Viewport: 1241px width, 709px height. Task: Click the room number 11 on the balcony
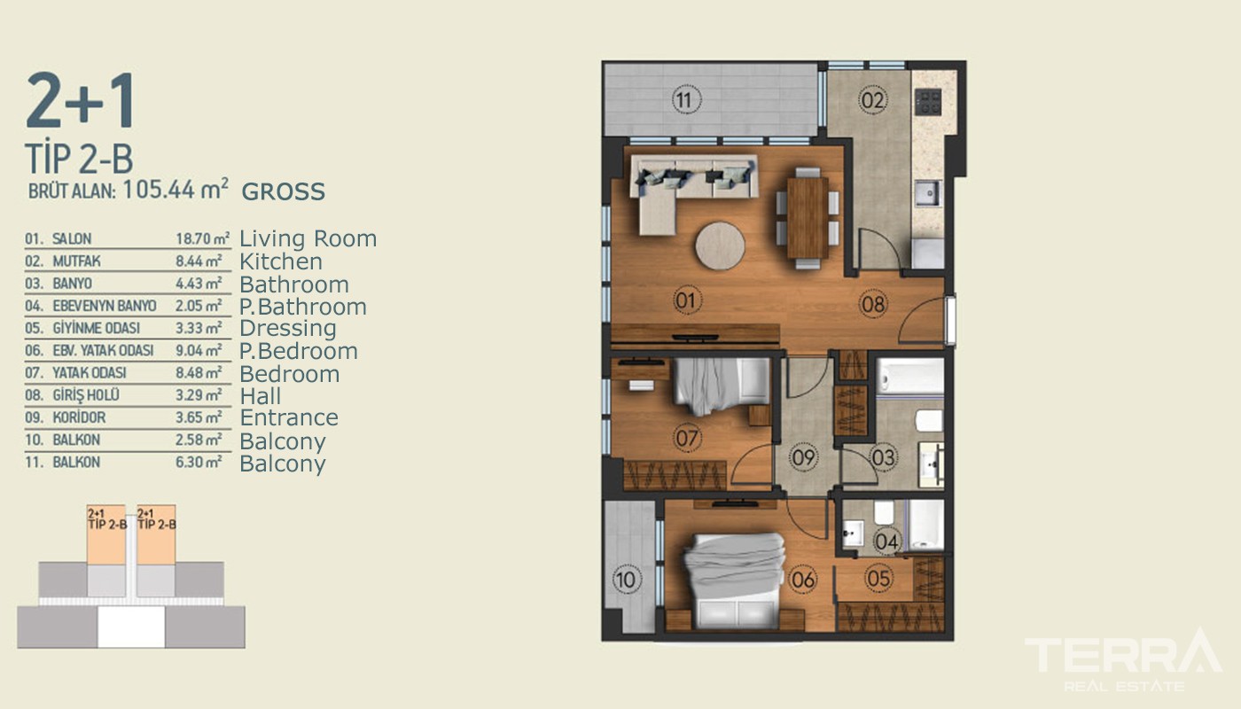pyautogui.click(x=686, y=101)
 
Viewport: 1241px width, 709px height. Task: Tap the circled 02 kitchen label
pyautogui.click(x=872, y=101)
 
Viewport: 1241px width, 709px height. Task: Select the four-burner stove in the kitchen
pyautogui.click(x=928, y=102)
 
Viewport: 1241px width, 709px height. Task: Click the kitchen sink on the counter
pyautogui.click(x=927, y=194)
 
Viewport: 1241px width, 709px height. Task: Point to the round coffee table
pyautogui.click(x=720, y=246)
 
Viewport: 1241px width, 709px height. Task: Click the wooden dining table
pyautogui.click(x=808, y=217)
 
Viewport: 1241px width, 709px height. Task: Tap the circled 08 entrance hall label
pyautogui.click(x=873, y=304)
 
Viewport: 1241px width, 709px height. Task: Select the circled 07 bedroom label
pyautogui.click(x=687, y=438)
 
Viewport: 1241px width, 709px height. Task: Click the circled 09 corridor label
pyautogui.click(x=803, y=457)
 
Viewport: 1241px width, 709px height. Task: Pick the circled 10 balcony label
pyautogui.click(x=626, y=580)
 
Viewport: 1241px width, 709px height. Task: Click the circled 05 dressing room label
pyautogui.click(x=878, y=578)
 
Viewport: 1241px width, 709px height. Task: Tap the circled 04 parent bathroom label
pyautogui.click(x=886, y=541)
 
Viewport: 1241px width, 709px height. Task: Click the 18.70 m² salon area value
pyautogui.click(x=203, y=238)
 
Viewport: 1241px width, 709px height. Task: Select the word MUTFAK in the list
pyautogui.click(x=77, y=261)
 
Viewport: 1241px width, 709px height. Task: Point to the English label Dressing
pyautogui.click(x=287, y=329)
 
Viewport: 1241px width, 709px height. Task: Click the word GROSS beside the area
pyautogui.click(x=283, y=191)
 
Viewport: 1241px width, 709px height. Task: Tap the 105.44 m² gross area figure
pyautogui.click(x=176, y=190)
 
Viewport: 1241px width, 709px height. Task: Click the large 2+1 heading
pyautogui.click(x=81, y=100)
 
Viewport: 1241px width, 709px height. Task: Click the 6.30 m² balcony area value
pyautogui.click(x=199, y=462)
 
